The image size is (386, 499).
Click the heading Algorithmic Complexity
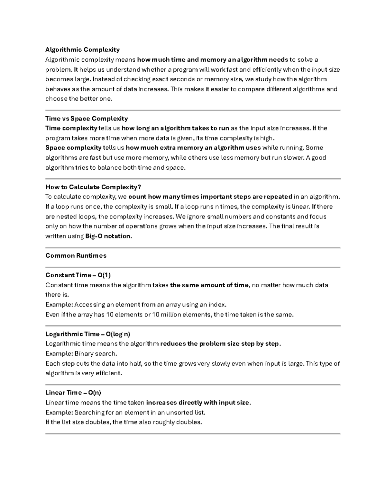click(x=82, y=49)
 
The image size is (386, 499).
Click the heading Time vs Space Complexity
click(x=87, y=119)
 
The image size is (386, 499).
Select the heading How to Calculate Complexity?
click(x=93, y=187)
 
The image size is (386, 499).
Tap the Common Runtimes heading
click(x=76, y=256)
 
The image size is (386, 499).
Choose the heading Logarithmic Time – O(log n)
click(x=88, y=334)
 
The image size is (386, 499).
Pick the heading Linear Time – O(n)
click(x=73, y=393)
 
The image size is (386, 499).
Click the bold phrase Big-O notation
click(x=108, y=236)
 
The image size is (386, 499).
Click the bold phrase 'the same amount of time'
click(x=209, y=285)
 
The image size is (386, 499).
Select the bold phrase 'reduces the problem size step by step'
click(x=220, y=344)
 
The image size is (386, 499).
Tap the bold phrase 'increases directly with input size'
click(x=198, y=403)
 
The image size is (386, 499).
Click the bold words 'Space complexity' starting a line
click(x=73, y=148)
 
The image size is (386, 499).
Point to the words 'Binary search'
click(x=95, y=354)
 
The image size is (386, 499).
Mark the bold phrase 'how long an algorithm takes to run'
click(x=175, y=128)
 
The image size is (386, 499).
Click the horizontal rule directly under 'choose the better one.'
click(x=193, y=110)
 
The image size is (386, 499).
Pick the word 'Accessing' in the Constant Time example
click(x=90, y=305)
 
